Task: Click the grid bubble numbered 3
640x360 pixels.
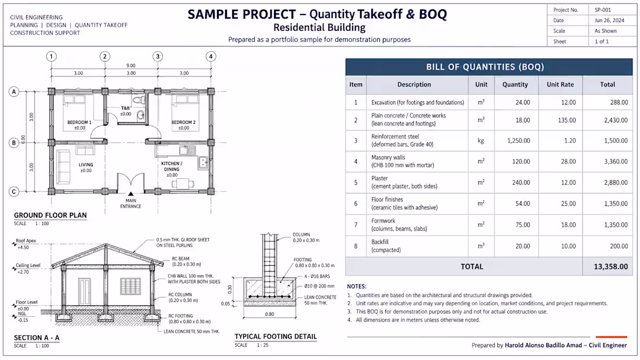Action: coord(158,56)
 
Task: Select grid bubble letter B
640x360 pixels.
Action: coord(15,143)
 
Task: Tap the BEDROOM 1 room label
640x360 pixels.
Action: coord(79,122)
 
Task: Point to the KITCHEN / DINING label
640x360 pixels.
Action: coord(172,166)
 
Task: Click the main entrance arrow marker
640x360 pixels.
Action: coord(130,194)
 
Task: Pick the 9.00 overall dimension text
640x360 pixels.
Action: coord(130,65)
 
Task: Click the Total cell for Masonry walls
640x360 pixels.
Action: coord(616,162)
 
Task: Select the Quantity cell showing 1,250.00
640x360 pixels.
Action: coord(518,140)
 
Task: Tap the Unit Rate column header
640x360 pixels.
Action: coord(560,84)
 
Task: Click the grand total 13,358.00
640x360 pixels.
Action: coord(610,266)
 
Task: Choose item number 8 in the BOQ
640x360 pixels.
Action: coord(355,246)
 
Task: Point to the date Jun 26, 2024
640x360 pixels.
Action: coord(609,20)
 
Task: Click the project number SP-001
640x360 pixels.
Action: coord(602,10)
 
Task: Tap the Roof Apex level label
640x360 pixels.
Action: coord(26,241)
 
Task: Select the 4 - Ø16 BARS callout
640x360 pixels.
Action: coord(317,276)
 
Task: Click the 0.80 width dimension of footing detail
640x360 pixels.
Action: coord(269,314)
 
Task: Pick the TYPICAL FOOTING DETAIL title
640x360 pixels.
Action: coord(276,336)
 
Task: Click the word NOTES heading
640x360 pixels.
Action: coord(357,287)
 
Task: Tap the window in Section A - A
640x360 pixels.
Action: coord(130,287)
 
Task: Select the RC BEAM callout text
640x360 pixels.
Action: coord(180,258)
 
